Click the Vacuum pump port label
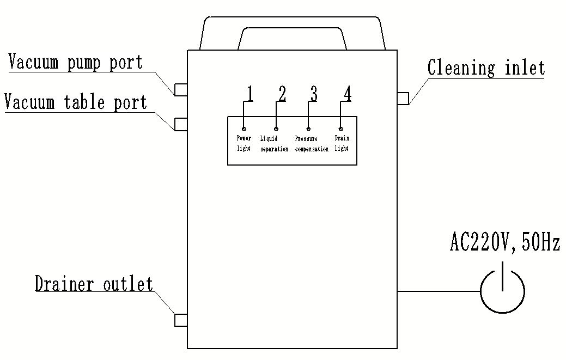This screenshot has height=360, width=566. (x=76, y=62)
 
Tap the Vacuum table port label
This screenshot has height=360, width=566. (x=75, y=102)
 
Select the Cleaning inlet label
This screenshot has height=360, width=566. (x=486, y=68)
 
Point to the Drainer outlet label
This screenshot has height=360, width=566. (x=94, y=284)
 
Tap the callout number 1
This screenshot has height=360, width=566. (x=249, y=94)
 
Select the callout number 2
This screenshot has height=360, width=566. (x=281, y=94)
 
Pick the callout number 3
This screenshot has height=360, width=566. (x=313, y=94)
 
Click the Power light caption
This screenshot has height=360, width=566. (x=244, y=144)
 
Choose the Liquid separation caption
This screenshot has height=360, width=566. (x=274, y=144)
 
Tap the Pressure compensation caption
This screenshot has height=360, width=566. (x=312, y=144)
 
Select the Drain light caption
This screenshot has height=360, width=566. (x=342, y=144)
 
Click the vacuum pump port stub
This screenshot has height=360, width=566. (x=181, y=89)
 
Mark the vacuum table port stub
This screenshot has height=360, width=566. (x=181, y=125)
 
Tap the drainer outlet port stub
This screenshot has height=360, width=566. (x=181, y=320)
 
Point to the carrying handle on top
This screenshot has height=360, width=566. (x=293, y=25)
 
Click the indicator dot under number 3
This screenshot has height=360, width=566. (x=308, y=129)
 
